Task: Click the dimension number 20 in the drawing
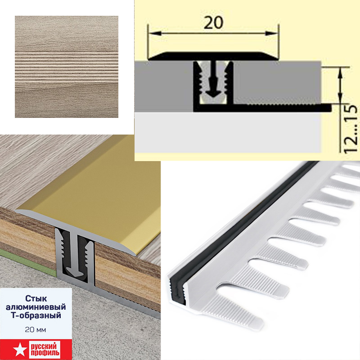tap(213, 22)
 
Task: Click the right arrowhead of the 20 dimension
tap(272, 33)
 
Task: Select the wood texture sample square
tap(67, 67)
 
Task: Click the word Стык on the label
tap(36, 298)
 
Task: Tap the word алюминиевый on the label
tap(36, 307)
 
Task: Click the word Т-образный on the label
tap(36, 315)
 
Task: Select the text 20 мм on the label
tap(36, 330)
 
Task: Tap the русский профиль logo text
tap(45, 349)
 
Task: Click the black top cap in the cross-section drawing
tap(213, 57)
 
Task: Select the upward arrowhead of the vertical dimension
tap(341, 72)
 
